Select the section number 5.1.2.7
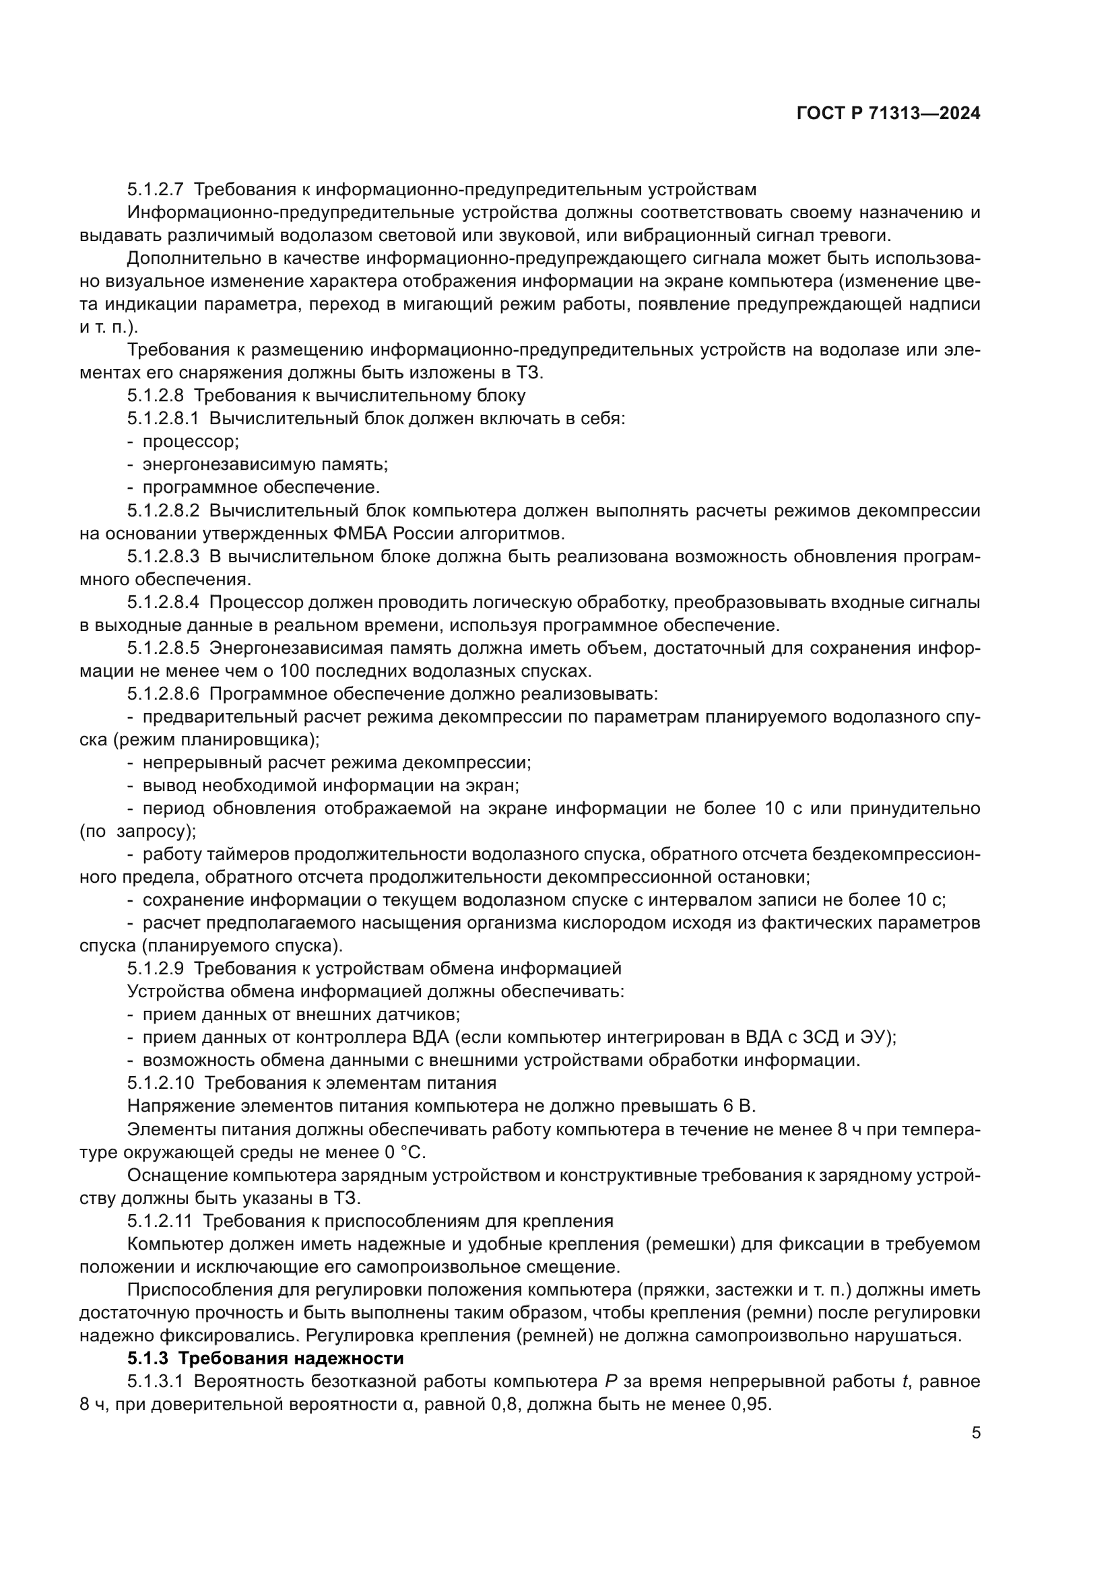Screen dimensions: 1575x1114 coord(155,189)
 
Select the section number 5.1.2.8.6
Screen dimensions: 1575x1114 coord(163,694)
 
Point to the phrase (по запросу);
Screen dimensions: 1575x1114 coord(138,832)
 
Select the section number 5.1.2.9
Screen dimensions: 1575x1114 coord(155,968)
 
